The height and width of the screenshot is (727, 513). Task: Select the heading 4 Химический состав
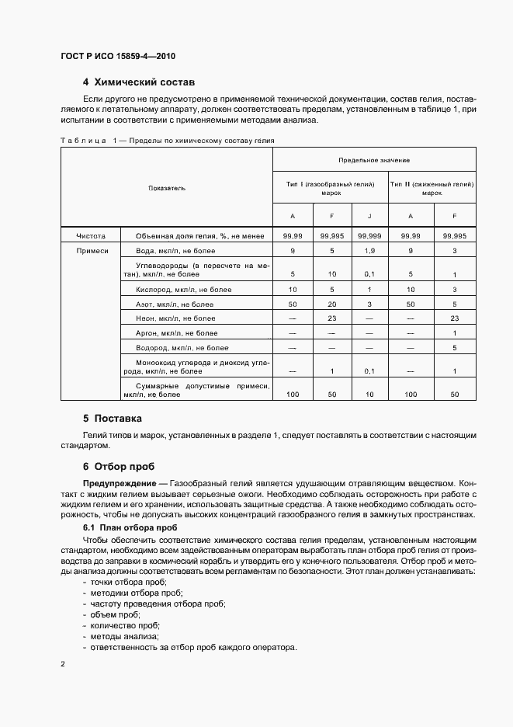(138, 82)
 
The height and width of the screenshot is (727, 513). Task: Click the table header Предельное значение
(374, 159)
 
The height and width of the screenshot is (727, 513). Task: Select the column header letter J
(369, 216)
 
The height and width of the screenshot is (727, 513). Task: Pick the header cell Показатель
(167, 188)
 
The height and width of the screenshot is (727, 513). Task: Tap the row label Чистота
(91, 235)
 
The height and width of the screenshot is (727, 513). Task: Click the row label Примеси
(92, 250)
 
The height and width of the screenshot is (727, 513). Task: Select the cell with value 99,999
(369, 235)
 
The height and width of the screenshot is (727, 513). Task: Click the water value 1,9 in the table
(369, 250)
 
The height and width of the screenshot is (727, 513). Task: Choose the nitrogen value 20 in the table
(331, 304)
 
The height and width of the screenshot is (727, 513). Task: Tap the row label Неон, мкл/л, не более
(175, 318)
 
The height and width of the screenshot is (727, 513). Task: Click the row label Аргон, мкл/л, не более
(177, 332)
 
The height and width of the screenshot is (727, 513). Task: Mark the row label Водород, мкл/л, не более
(182, 347)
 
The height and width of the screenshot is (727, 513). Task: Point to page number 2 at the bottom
(64, 665)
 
